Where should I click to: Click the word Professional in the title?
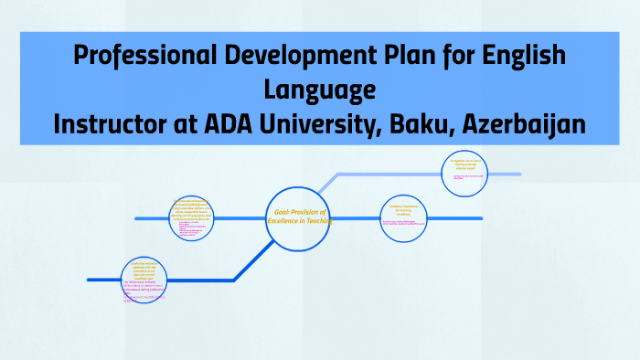click(x=137, y=57)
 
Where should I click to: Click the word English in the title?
click(x=521, y=57)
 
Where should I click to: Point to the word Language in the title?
click(x=319, y=90)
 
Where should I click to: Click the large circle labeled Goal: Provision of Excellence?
click(x=298, y=219)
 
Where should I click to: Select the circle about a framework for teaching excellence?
click(x=403, y=218)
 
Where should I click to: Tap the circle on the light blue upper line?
click(x=464, y=174)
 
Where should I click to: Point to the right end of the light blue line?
click(x=518, y=174)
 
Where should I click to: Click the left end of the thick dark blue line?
click(x=90, y=280)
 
